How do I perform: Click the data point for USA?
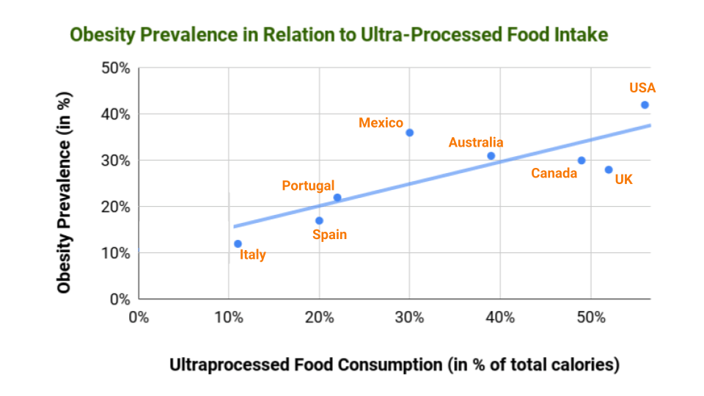pyautogui.click(x=645, y=105)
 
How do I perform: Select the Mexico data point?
pyautogui.click(x=410, y=133)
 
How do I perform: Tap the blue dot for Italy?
pyautogui.click(x=238, y=243)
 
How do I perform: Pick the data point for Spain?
pyautogui.click(x=319, y=221)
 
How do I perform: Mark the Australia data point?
pyautogui.click(x=491, y=155)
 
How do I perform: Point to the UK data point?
pyautogui.click(x=609, y=169)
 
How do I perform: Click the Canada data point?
pyautogui.click(x=582, y=161)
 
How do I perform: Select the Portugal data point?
pyautogui.click(x=337, y=197)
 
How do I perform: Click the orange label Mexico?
pyautogui.click(x=381, y=123)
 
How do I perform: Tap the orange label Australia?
pyautogui.click(x=476, y=142)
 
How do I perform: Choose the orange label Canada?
pyautogui.click(x=554, y=174)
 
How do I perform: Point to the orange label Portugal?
pyautogui.click(x=308, y=186)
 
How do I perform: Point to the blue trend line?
pyautogui.click(x=440, y=175)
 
